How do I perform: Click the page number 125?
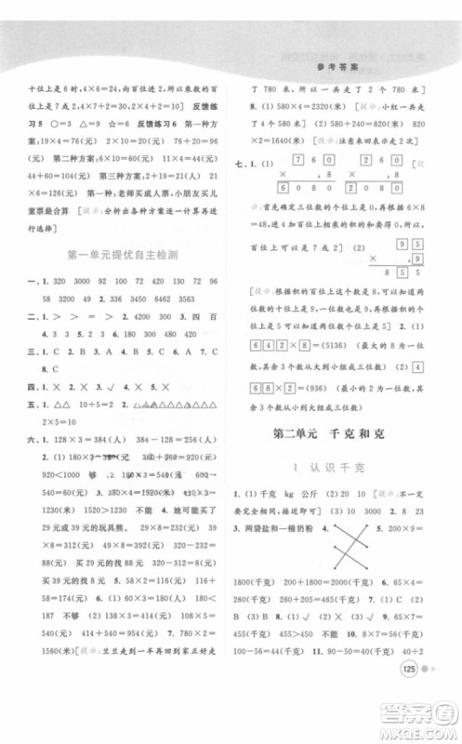(x=405, y=696)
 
